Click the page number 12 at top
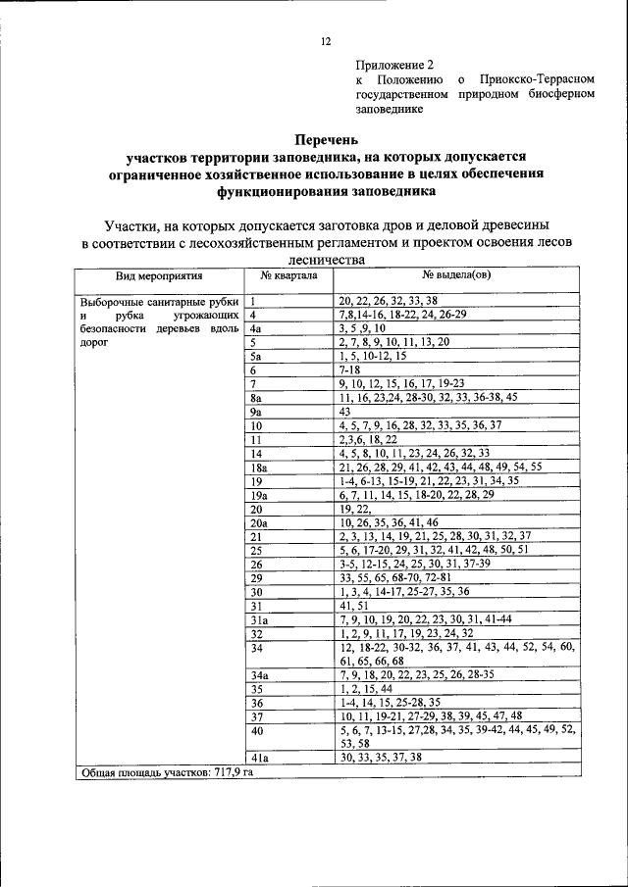tap(326, 41)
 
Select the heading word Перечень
tap(329, 140)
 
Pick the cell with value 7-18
tap(349, 370)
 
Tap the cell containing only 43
tap(345, 413)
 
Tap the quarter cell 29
tap(256, 578)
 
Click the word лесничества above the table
tap(326, 260)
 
